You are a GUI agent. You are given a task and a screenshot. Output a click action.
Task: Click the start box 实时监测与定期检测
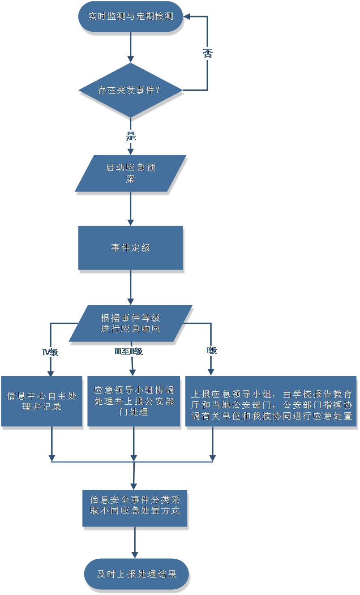pyautogui.click(x=131, y=17)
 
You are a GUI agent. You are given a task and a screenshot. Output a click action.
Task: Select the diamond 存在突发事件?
pyautogui.click(x=131, y=90)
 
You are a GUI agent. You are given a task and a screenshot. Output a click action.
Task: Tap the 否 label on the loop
pyautogui.click(x=207, y=53)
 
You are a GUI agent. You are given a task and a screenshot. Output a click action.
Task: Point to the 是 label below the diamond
pyautogui.click(x=130, y=136)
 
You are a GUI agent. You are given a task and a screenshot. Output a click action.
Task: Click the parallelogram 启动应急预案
pyautogui.click(x=131, y=173)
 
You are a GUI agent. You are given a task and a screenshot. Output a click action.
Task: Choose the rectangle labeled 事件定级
pyautogui.click(x=131, y=248)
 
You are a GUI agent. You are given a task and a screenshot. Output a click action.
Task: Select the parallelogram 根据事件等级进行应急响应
pyautogui.click(x=131, y=323)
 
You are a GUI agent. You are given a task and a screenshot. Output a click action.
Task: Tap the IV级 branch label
pyautogui.click(x=50, y=352)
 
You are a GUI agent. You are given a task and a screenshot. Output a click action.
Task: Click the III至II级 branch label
pyautogui.click(x=129, y=351)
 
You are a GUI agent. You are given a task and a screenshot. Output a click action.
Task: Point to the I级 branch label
pyautogui.click(x=211, y=351)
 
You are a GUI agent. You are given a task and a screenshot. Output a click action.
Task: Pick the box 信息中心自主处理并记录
pyautogui.click(x=42, y=401)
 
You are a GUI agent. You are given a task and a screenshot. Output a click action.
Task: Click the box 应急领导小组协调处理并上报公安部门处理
pyautogui.click(x=134, y=401)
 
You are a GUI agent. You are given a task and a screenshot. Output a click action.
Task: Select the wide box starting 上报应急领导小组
pyautogui.click(x=271, y=401)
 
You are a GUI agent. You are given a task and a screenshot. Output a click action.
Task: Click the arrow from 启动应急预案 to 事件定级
pyautogui.click(x=131, y=209)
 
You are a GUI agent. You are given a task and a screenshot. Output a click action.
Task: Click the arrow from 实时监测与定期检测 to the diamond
pyautogui.click(x=131, y=47)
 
